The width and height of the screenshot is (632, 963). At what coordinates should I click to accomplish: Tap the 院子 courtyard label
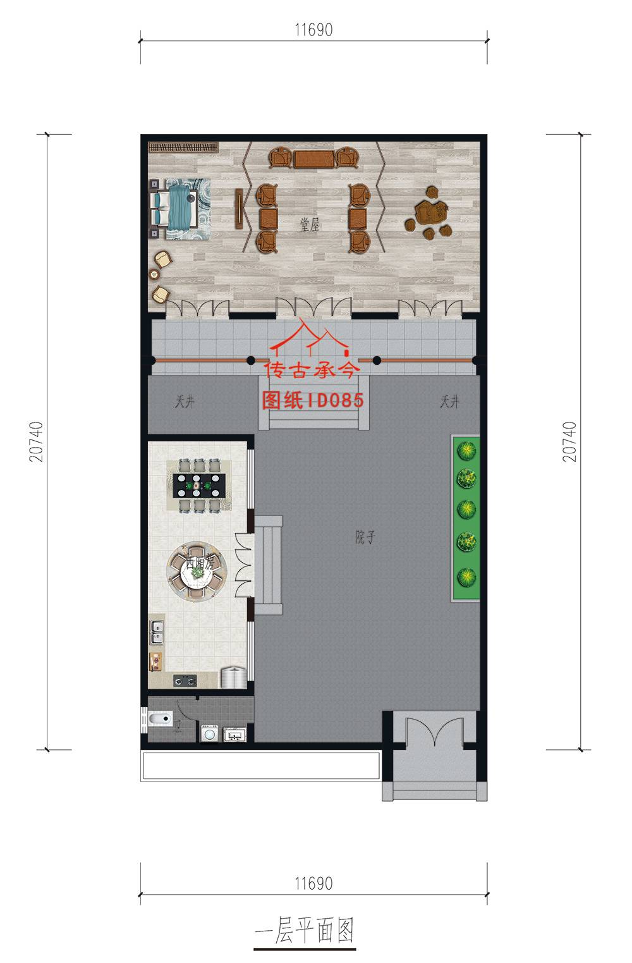pyautogui.click(x=365, y=537)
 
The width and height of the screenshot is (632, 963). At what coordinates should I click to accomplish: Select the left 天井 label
pyautogui.click(x=185, y=402)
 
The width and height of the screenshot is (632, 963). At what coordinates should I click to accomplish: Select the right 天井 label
pyautogui.click(x=450, y=402)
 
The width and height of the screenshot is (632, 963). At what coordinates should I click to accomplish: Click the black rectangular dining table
pyautogui.click(x=198, y=486)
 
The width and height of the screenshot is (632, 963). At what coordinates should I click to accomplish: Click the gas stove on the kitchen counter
pyautogui.click(x=185, y=680)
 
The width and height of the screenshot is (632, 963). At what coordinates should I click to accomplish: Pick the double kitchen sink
pyautogui.click(x=156, y=632)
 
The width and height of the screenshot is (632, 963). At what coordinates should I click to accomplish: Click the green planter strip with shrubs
pyautogui.click(x=466, y=518)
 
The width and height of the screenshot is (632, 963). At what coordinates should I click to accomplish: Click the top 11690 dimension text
pyautogui.click(x=313, y=30)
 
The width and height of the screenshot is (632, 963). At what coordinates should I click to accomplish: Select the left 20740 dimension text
pyautogui.click(x=36, y=441)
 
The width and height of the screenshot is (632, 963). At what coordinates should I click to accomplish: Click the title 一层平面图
pyautogui.click(x=305, y=930)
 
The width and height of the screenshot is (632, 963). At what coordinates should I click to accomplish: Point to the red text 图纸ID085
pyautogui.click(x=313, y=400)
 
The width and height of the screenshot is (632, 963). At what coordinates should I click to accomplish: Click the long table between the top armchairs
pyautogui.click(x=314, y=159)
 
